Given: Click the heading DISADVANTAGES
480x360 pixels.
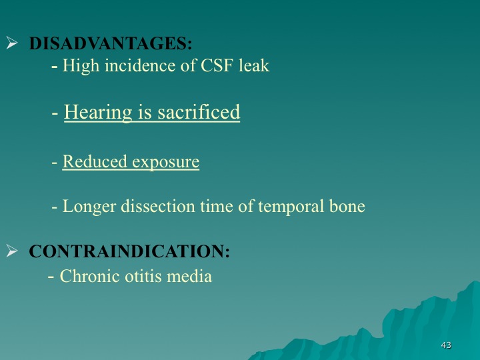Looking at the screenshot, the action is tap(111, 43).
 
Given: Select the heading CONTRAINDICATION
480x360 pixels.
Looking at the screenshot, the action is tap(129, 251).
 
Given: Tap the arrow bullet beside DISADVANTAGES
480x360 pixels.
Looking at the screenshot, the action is tap(12, 43).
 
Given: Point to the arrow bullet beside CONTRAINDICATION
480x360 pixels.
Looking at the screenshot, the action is tap(12, 251).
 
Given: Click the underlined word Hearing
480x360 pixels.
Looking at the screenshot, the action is tap(98, 113).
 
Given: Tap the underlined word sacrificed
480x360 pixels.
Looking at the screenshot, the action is tap(199, 112).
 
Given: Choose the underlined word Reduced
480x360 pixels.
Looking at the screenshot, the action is tap(95, 161).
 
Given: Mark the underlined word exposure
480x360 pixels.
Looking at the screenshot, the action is tap(165, 162).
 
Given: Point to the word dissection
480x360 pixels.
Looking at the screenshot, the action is tap(157, 206).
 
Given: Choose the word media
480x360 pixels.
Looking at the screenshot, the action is tap(189, 276).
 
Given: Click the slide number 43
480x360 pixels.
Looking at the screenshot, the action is tap(446, 345).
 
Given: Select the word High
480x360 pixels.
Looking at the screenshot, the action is tap(81, 66).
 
